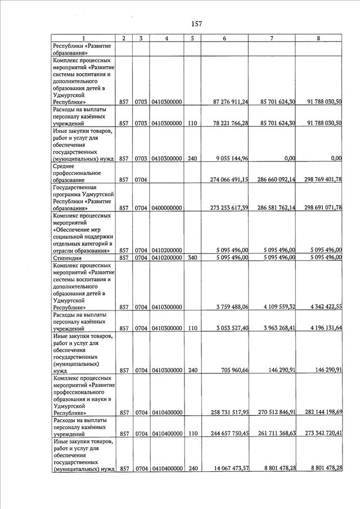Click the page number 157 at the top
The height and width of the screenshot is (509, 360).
[196, 24]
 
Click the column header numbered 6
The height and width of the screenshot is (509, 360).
[224, 38]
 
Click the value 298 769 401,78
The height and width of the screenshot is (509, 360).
[319, 179]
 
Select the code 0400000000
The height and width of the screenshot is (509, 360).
[166, 208]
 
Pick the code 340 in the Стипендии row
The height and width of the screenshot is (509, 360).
[192, 258]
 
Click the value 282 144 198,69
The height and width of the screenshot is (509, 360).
[319, 413]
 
